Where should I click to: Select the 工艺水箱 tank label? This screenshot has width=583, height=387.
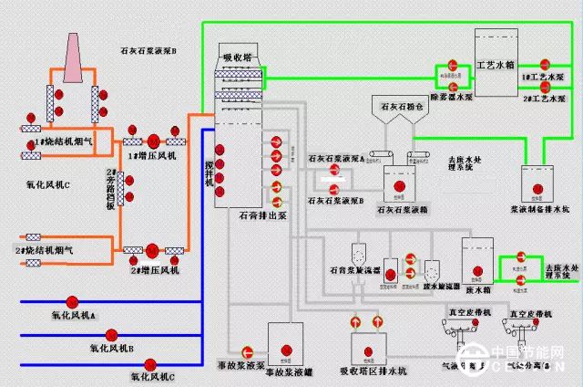496,66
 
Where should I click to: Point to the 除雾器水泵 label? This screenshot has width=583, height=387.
452,95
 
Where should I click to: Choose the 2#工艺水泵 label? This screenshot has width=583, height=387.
545,95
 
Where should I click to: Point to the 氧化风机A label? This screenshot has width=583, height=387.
73,315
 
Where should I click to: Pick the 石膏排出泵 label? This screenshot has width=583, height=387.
262,216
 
